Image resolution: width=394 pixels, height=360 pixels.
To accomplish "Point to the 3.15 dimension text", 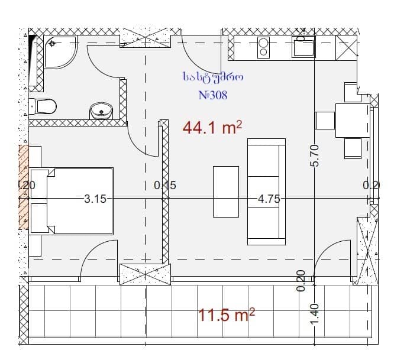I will (95, 199).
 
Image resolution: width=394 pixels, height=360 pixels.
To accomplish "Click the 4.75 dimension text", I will (269, 199).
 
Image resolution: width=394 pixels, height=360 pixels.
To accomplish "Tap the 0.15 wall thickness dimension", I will (165, 185).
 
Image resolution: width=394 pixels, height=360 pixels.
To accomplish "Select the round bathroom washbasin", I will (101, 110).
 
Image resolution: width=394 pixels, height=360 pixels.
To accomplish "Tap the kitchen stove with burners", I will (264, 47).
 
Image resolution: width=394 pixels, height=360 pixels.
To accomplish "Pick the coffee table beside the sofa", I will (226, 191).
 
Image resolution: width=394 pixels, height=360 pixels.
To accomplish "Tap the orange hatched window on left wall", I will (24, 186).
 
